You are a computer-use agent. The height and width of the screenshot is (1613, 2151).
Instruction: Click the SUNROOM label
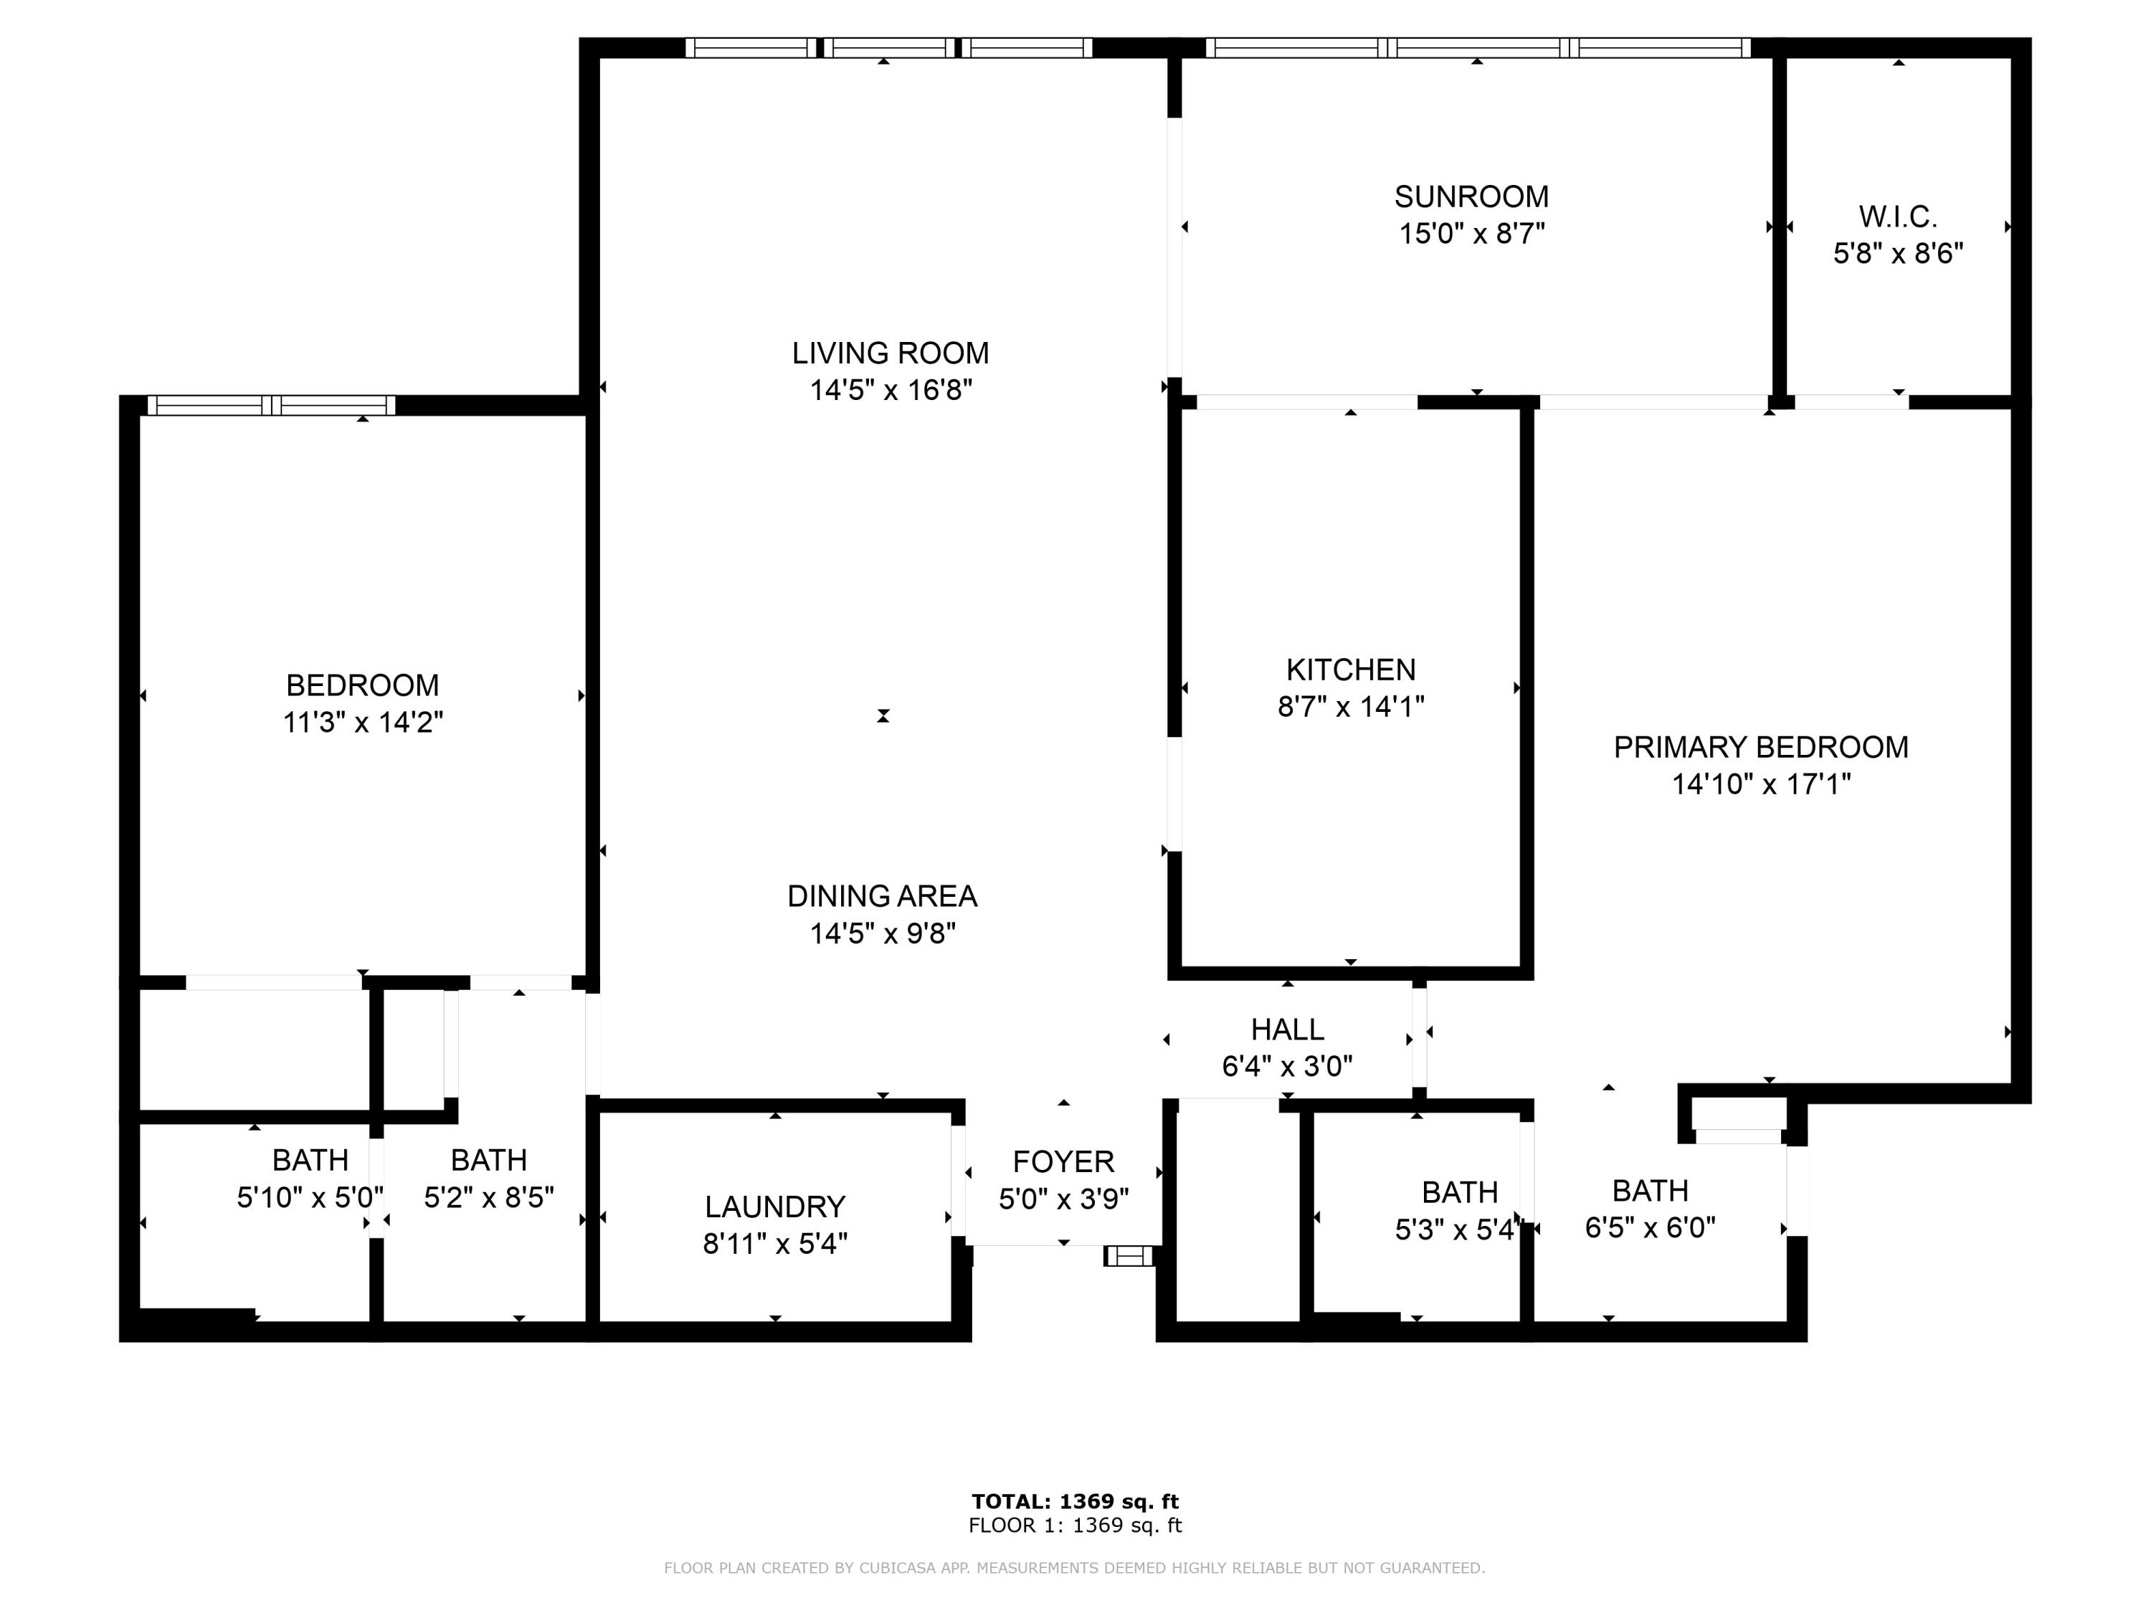(x=1471, y=196)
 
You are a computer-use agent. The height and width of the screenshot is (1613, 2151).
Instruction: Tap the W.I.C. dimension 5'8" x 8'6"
(x=1898, y=254)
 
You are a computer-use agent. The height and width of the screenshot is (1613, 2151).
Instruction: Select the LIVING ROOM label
(x=890, y=353)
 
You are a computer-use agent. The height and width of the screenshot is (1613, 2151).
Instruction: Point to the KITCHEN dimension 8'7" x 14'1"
(x=1351, y=707)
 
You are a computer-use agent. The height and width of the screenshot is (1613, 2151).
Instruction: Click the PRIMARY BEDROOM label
(x=1760, y=747)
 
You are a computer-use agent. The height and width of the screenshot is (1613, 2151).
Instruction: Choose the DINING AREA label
(x=882, y=895)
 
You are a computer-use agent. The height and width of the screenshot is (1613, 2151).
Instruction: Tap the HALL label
(x=1286, y=1029)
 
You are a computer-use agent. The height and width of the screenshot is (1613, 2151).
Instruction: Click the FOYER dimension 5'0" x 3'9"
(x=1063, y=1199)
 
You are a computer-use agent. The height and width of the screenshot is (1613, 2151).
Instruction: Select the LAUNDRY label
(x=775, y=1207)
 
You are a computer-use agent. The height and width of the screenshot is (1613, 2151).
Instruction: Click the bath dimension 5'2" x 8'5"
(x=488, y=1197)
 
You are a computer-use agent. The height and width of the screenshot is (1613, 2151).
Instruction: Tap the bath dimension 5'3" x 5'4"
(x=1458, y=1230)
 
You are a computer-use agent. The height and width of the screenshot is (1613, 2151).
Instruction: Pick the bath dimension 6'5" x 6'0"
(x=1651, y=1228)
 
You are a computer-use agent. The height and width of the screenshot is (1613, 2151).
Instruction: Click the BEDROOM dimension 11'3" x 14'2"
(x=363, y=723)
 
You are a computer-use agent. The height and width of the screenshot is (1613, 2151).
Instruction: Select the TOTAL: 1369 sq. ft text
(x=1075, y=1501)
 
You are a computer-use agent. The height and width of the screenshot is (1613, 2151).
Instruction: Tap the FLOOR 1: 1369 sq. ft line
(x=1075, y=1525)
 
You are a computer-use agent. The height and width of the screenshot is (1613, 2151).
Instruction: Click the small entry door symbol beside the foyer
(x=1128, y=1256)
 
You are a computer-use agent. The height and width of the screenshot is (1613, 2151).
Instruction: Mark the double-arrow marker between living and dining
(x=883, y=715)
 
